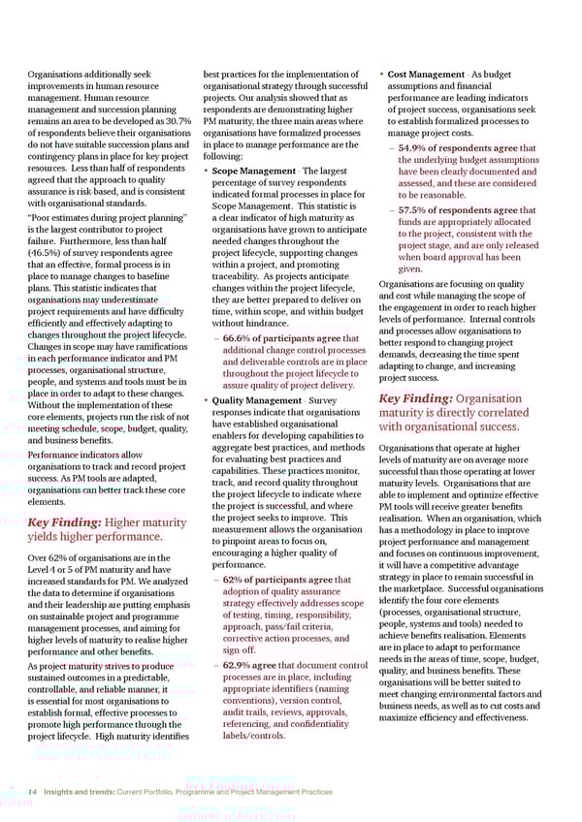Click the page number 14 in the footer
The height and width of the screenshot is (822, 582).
coord(34,791)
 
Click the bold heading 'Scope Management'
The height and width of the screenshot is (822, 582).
coord(254,172)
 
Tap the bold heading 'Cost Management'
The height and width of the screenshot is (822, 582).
coord(427,74)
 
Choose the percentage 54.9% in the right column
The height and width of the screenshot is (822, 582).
coord(418,147)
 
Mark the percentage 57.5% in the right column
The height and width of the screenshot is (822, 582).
coord(418,210)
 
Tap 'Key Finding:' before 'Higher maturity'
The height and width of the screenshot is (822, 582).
coord(63,523)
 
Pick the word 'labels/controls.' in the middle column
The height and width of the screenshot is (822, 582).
coord(254,735)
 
